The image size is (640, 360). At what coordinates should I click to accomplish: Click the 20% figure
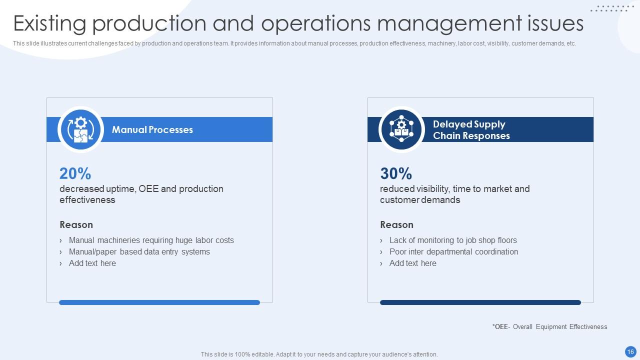tap(75, 173)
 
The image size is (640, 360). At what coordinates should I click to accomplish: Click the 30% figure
tap(396, 173)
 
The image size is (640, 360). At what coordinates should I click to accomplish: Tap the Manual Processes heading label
tap(152, 129)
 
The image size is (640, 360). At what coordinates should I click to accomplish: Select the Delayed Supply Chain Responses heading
tap(471, 130)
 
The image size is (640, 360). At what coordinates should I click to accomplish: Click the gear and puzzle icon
tap(80, 129)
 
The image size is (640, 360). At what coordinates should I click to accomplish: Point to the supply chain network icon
tap(401, 129)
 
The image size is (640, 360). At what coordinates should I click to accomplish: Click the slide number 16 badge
tap(630, 351)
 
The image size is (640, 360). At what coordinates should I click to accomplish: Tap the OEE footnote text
tap(549, 326)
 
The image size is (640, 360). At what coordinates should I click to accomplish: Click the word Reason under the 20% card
tap(76, 224)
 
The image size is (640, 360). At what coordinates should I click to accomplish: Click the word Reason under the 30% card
tap(396, 224)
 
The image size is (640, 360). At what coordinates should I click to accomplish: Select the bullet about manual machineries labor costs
tap(151, 240)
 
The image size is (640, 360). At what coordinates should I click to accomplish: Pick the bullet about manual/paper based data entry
tap(139, 251)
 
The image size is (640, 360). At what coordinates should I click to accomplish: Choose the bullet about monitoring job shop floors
tap(453, 240)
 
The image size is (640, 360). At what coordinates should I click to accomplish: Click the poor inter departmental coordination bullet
tap(453, 251)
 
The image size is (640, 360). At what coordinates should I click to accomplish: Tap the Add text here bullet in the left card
tap(92, 263)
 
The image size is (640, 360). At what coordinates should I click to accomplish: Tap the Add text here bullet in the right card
tap(412, 263)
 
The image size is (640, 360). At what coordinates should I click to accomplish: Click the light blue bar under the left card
tap(159, 302)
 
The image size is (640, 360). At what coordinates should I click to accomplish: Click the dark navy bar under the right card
tap(480, 302)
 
